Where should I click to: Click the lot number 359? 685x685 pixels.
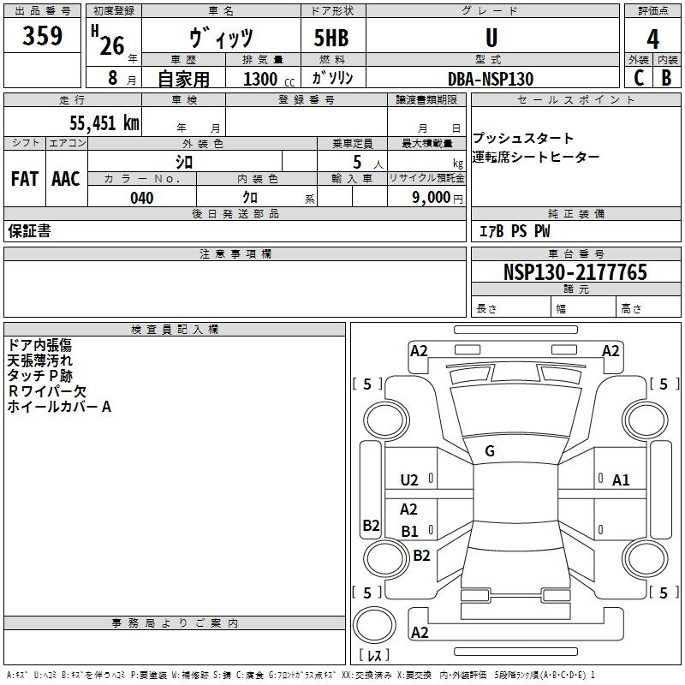coord(43,36)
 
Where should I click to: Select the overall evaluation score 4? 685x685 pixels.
coord(653,39)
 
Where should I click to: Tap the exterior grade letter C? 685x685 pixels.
coord(639,78)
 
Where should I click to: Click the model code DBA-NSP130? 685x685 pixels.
coord(491,79)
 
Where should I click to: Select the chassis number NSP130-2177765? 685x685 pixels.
coord(575,272)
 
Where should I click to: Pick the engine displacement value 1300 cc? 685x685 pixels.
coord(265,79)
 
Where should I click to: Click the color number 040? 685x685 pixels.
coord(141,198)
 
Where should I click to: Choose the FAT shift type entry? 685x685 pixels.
coord(24,179)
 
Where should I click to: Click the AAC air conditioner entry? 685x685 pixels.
coord(65,179)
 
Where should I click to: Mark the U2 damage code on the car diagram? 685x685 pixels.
coord(409,480)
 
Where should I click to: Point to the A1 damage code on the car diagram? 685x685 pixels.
coord(621,480)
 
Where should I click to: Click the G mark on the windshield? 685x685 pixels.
coord(490,451)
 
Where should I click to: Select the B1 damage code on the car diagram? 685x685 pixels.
coord(409,531)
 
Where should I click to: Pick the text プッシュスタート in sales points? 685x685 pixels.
coord(523,139)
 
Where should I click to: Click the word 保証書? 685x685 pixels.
coord(29,231)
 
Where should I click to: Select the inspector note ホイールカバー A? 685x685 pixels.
coord(59,407)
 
